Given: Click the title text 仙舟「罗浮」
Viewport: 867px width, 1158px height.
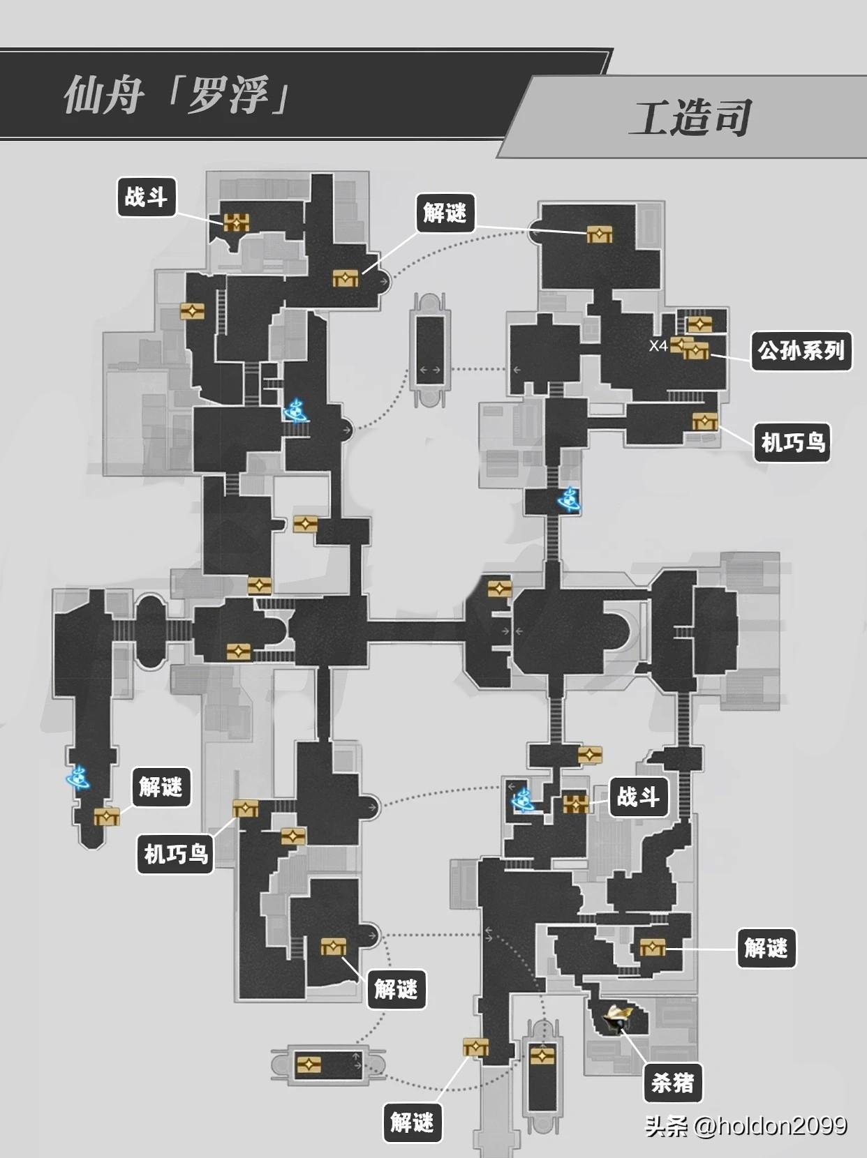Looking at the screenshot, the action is (177, 95).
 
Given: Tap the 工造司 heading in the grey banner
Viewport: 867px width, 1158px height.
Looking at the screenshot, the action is (691, 118).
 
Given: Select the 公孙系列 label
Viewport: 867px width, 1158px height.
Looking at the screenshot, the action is (801, 351).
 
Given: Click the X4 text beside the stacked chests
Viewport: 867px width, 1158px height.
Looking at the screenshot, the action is (658, 346).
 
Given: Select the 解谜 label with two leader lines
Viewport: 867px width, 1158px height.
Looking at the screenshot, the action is (444, 213).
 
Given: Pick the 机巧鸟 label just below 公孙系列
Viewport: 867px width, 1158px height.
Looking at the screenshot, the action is (792, 442).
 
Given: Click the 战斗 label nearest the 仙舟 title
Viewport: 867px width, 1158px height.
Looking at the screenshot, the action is (146, 197).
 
